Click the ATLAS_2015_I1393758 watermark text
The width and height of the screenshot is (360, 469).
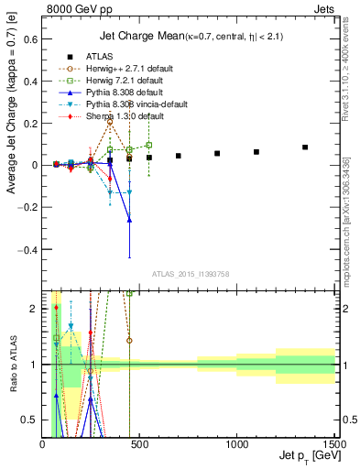190,274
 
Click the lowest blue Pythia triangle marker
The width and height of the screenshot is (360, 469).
129,220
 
